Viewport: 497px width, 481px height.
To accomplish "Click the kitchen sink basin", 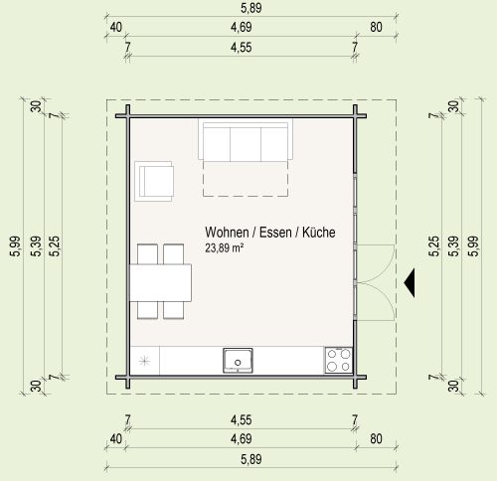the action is [x=238, y=361].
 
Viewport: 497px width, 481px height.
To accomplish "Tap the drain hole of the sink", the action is [x=238, y=363].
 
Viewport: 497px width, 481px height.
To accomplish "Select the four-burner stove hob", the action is [x=338, y=360].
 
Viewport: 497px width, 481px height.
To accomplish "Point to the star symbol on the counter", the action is [x=144, y=361].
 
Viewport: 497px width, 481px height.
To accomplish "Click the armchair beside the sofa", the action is [x=154, y=181].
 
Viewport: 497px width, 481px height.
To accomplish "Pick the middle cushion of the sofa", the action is [x=246, y=144].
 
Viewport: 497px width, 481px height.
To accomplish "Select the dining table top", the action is [x=160, y=282].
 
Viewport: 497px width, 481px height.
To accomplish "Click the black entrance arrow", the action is [x=410, y=283].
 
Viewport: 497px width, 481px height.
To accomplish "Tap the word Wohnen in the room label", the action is [x=227, y=233].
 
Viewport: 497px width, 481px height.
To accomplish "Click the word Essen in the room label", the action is [x=275, y=233].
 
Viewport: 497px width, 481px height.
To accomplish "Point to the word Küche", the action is [x=319, y=233].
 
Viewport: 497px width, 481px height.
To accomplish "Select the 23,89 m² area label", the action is [x=225, y=247].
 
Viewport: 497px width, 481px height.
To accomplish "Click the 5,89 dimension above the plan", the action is [x=251, y=8].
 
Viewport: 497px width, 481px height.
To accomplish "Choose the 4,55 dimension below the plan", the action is [x=242, y=420].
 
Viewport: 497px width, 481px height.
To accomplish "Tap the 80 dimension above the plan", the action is [x=376, y=27].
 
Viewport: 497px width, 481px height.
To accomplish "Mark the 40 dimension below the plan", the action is [x=115, y=439].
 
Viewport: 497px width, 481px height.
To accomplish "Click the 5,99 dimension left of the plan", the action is [x=16, y=246].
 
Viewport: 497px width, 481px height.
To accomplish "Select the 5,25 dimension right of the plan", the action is [x=434, y=246].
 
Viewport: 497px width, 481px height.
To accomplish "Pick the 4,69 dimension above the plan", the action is [x=242, y=27].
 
